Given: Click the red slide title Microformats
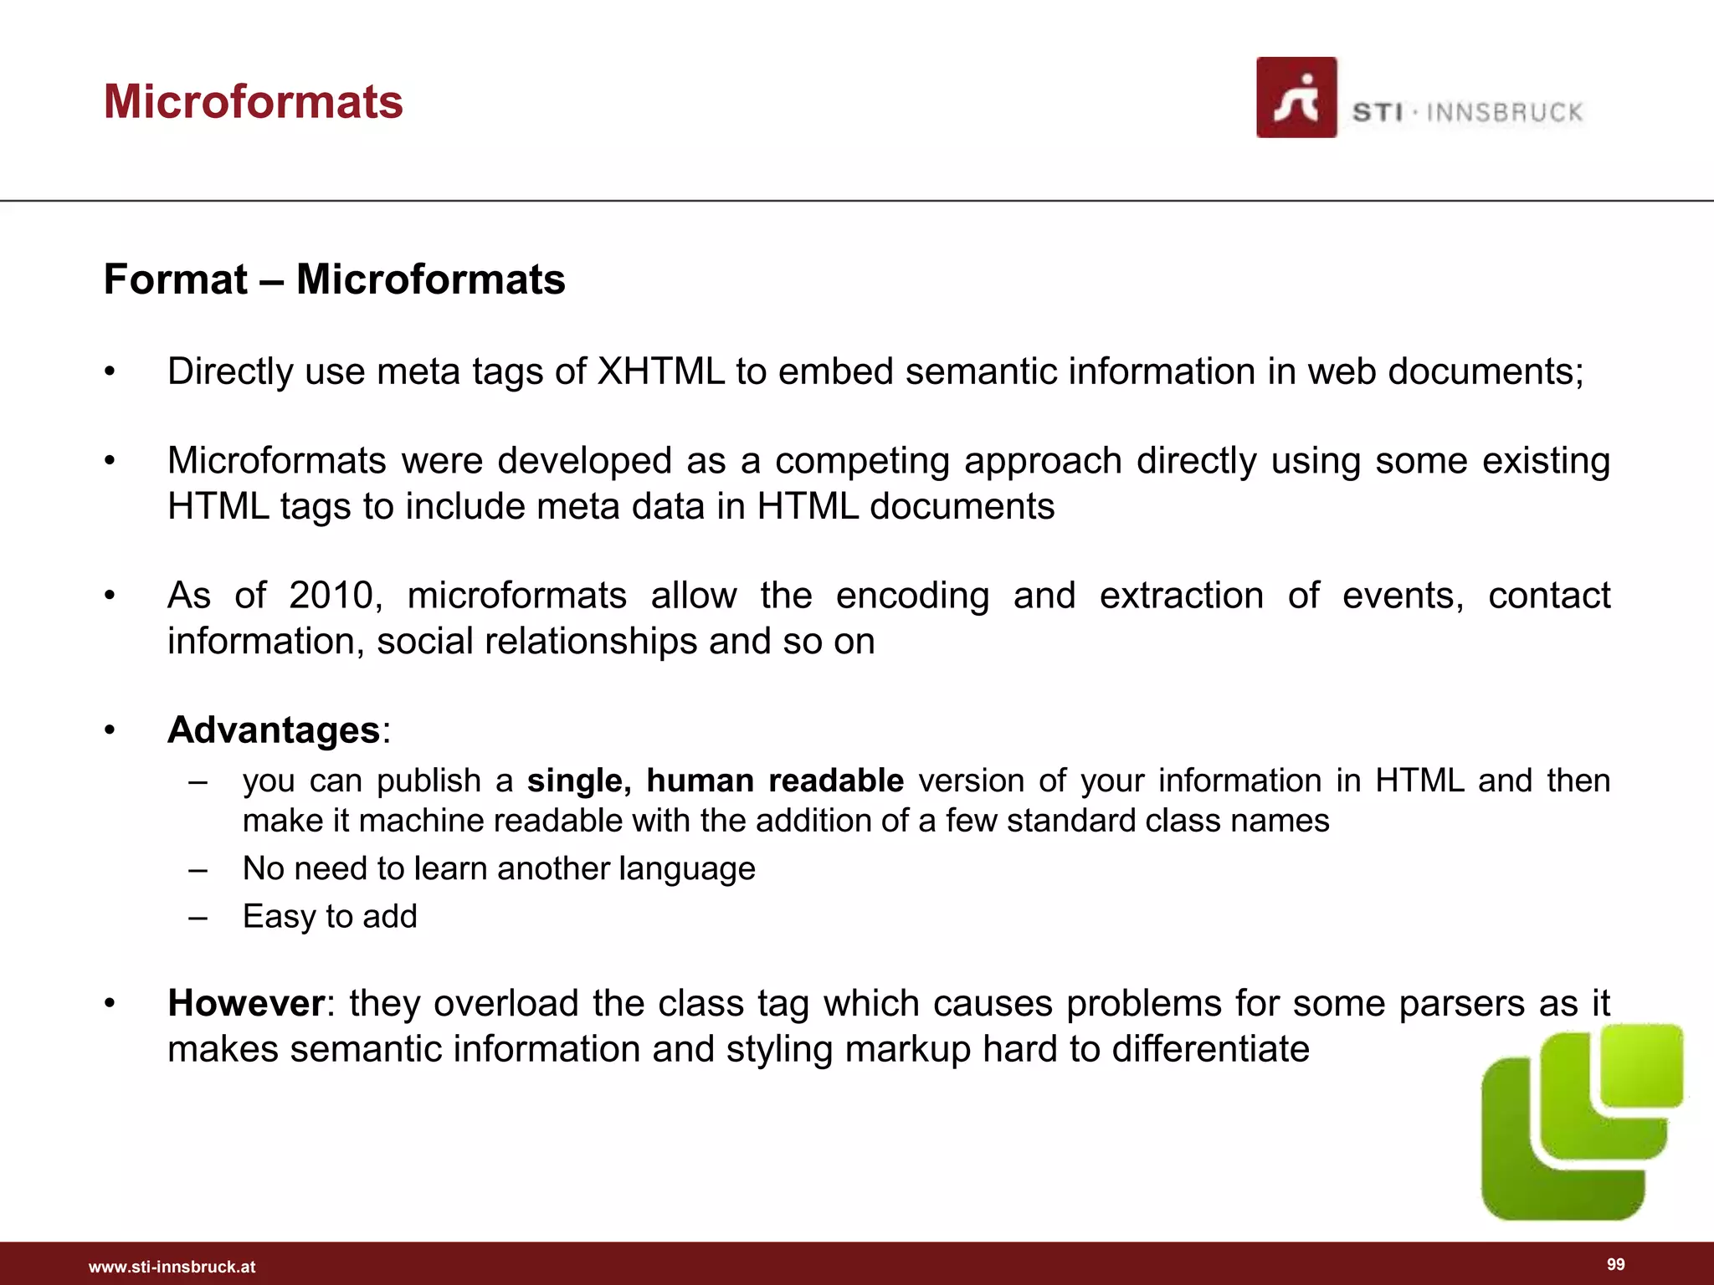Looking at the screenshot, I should click(253, 101).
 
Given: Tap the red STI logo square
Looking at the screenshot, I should click(1296, 97).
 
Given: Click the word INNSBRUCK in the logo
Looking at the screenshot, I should click(1504, 112).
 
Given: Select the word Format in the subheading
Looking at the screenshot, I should click(175, 279).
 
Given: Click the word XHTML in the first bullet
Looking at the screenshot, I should click(660, 371).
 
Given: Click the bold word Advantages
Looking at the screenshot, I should click(274, 730).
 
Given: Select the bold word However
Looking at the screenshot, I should click(245, 1003).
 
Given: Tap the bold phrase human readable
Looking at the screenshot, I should click(774, 781).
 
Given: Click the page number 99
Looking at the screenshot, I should click(1615, 1264).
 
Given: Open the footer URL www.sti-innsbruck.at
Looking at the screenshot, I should click(172, 1267).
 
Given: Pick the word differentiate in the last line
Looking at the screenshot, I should click(1210, 1049).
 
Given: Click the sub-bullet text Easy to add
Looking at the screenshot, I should click(330, 916).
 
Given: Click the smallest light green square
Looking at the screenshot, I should click(1641, 1065).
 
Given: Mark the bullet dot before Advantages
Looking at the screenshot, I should click(109, 730).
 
